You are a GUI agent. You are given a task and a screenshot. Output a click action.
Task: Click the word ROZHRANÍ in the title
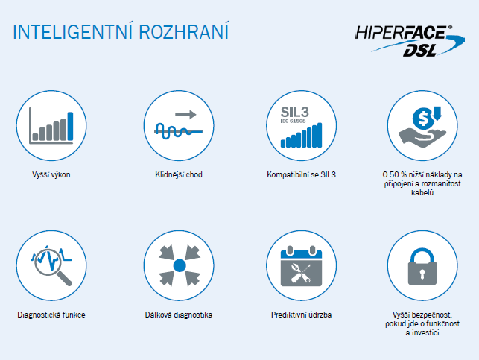click(x=183, y=31)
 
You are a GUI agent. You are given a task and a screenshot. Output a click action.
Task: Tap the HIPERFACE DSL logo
click(x=410, y=41)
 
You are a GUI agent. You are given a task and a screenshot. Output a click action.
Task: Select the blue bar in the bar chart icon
click(x=70, y=126)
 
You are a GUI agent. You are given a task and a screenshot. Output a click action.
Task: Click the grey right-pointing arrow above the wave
click(x=185, y=114)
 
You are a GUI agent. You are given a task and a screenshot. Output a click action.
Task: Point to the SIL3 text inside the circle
click(x=295, y=112)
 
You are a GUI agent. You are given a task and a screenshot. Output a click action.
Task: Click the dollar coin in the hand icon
click(x=423, y=119)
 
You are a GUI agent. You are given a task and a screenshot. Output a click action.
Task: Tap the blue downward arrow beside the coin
click(x=437, y=113)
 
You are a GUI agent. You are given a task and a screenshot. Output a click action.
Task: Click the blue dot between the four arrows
click(x=180, y=265)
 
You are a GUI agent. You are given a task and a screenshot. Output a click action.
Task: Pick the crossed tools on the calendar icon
click(x=301, y=273)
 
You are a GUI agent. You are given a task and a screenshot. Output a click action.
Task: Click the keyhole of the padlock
click(x=422, y=273)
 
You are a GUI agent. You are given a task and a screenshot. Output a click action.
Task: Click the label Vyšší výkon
click(x=51, y=175)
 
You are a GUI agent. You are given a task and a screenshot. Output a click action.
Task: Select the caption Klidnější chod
click(x=179, y=175)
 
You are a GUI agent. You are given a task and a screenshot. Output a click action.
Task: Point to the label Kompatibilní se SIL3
click(x=301, y=174)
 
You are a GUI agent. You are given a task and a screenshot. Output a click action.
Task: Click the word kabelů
click(x=422, y=192)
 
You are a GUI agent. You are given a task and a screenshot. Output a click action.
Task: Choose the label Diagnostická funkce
click(x=51, y=315)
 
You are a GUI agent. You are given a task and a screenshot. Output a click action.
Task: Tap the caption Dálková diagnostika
click(x=179, y=315)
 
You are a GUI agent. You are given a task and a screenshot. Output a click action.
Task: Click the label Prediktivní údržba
click(x=301, y=315)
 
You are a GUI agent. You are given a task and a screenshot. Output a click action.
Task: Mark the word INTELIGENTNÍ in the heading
click(x=73, y=31)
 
